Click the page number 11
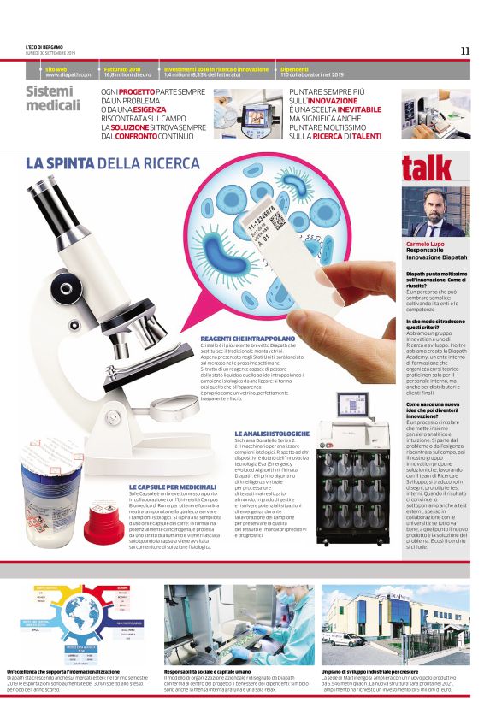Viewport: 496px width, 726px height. point(465,50)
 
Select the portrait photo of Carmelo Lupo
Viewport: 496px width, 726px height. point(435,212)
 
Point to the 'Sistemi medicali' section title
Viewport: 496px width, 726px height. point(53,98)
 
